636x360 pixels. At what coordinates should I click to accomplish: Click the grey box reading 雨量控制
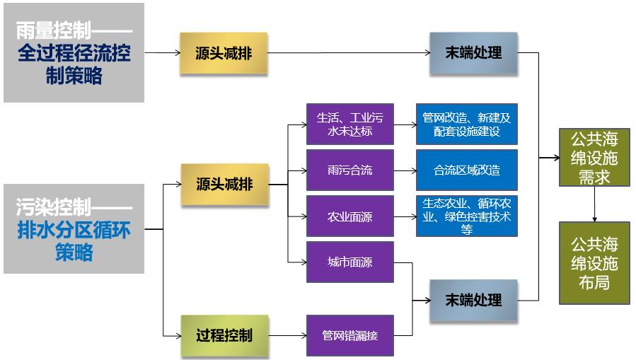(x=74, y=53)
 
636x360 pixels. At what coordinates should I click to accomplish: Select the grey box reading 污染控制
(x=74, y=229)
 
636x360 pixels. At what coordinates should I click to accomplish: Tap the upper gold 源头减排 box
(x=224, y=53)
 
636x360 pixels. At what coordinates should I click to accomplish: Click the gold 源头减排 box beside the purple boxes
(x=224, y=185)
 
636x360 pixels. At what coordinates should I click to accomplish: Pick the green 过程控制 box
(x=224, y=335)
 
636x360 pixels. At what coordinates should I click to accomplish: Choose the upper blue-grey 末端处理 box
(x=473, y=53)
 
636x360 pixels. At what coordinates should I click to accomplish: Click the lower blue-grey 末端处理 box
(x=473, y=301)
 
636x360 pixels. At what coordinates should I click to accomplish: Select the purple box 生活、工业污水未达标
(x=349, y=124)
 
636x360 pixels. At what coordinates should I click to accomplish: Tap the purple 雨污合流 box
(x=349, y=170)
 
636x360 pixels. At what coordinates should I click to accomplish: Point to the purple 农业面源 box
(x=349, y=216)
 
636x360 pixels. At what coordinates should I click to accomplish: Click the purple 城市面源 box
(x=349, y=262)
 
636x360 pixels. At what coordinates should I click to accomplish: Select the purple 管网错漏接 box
(x=349, y=335)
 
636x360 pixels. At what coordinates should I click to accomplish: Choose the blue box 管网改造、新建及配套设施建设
(x=466, y=124)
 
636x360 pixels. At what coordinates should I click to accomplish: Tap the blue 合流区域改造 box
(x=466, y=170)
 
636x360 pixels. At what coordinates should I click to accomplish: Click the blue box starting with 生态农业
(x=466, y=216)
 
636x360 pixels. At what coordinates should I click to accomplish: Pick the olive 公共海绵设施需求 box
(x=594, y=158)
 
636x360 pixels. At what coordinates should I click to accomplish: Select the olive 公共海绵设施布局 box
(x=594, y=262)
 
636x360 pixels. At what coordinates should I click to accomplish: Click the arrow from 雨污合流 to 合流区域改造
(x=405, y=170)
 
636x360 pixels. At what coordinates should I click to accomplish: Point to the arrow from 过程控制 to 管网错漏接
(x=287, y=335)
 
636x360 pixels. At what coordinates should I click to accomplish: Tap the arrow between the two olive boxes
(x=594, y=204)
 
